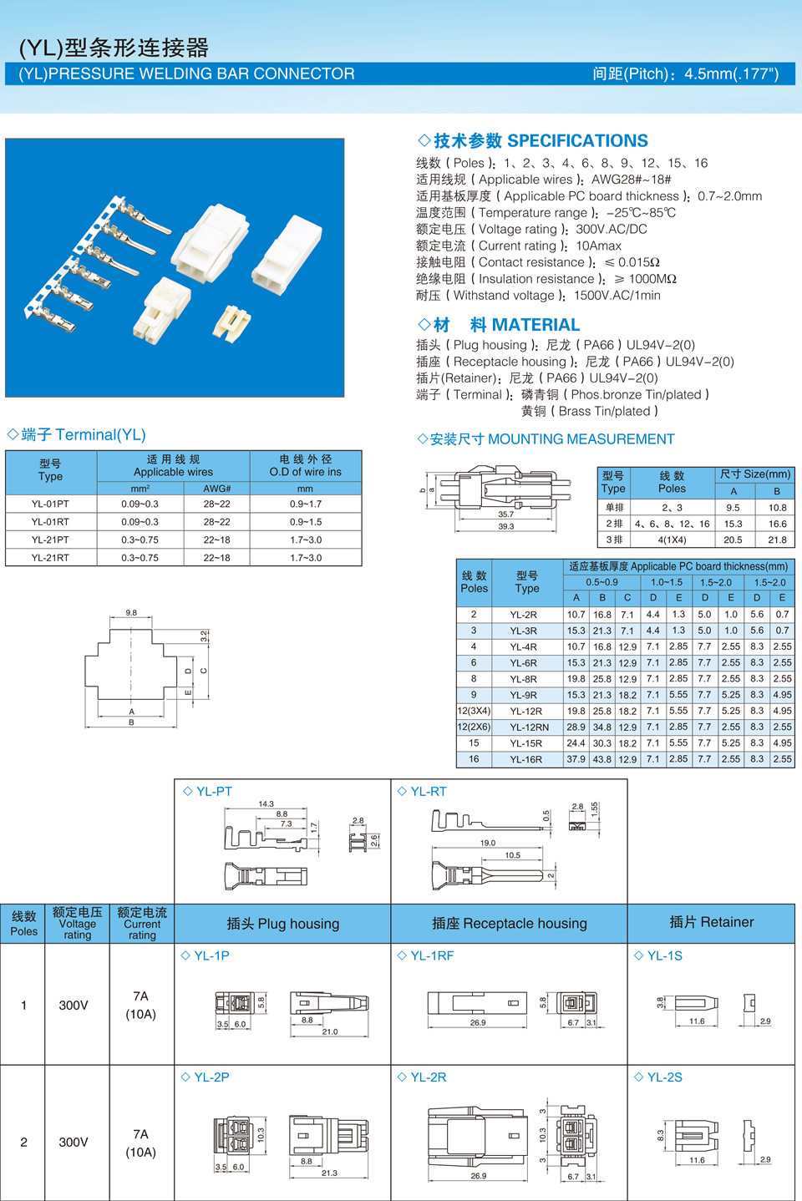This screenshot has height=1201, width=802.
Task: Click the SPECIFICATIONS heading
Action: (532, 141)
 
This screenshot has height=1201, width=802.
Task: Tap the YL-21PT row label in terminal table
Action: (51, 540)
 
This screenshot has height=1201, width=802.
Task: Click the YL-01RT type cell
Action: (51, 522)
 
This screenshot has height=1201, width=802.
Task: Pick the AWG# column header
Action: (216, 489)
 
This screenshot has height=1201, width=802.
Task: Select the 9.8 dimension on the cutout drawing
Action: (131, 612)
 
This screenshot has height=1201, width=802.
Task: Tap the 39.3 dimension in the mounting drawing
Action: (506, 526)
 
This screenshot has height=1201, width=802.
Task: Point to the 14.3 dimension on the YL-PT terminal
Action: (266, 803)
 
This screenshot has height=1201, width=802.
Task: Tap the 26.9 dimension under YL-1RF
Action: (478, 1022)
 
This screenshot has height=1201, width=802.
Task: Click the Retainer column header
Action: (711, 922)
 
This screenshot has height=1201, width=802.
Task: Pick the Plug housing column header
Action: (283, 924)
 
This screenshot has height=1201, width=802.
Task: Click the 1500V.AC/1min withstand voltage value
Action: (617, 296)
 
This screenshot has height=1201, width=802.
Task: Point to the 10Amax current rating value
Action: (598, 246)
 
